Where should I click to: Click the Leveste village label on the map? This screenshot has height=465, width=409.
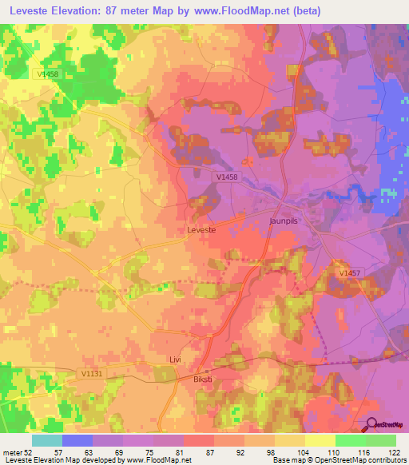pos(201,229)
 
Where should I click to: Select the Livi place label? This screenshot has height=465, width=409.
pos(176,360)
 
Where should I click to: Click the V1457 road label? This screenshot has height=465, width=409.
pos(348,273)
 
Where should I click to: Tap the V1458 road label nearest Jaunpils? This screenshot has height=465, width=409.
pos(226,177)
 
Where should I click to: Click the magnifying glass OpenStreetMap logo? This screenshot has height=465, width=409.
pos(372,426)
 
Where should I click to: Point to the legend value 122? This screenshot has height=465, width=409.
pos(393,452)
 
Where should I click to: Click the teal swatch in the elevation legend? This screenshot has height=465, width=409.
pos(46,440)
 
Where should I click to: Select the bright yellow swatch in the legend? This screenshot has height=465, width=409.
pos(320,440)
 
